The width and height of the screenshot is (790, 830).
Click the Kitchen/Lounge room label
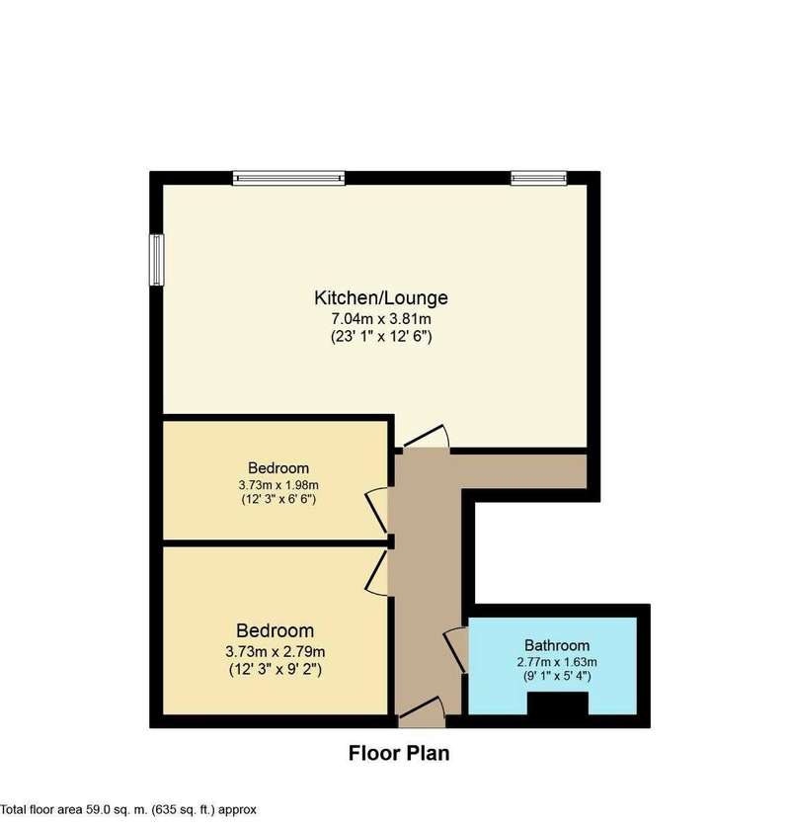click(x=381, y=298)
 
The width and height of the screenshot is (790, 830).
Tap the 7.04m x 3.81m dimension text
click(x=381, y=319)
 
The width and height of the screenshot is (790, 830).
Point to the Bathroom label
click(x=557, y=645)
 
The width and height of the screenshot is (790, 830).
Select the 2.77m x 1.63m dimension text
click(x=557, y=662)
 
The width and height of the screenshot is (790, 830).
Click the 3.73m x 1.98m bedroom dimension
click(x=278, y=484)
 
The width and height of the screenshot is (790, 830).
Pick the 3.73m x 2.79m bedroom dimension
click(x=276, y=651)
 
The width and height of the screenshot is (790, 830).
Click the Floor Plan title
click(x=399, y=753)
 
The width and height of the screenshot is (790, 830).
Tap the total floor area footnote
click(x=128, y=809)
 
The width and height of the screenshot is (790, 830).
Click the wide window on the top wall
click(x=289, y=178)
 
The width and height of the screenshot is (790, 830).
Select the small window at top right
click(x=538, y=178)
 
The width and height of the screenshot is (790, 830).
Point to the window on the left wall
click(x=157, y=260)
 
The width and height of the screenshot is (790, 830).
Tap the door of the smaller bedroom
click(x=377, y=512)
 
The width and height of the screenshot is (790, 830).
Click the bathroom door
click(x=456, y=650)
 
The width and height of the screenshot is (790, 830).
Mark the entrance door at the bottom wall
click(x=422, y=712)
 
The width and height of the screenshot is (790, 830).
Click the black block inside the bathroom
click(x=558, y=703)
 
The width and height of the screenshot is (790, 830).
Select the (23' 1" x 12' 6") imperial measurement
click(x=381, y=337)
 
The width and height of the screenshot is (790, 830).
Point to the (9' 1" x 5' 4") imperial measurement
click(x=557, y=676)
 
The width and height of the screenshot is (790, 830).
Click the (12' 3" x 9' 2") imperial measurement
click(x=276, y=670)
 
